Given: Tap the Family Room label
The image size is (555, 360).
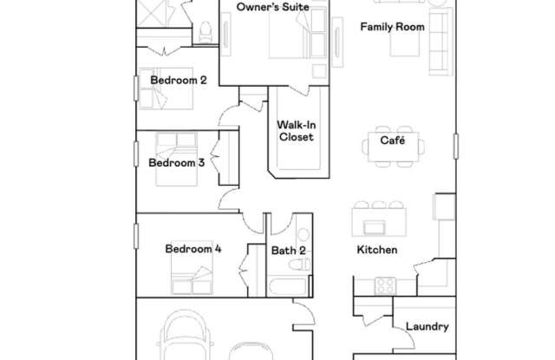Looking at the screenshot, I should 392,27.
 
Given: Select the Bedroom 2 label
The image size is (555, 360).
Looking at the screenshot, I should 179,81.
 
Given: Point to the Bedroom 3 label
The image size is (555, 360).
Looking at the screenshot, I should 176,162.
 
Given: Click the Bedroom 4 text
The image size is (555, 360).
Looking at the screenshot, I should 193,249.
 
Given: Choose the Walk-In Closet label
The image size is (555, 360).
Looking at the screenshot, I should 295,130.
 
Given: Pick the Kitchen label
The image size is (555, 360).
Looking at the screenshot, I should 377,250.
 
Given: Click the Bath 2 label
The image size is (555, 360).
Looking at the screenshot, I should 288,251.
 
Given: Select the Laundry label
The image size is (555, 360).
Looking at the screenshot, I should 428,327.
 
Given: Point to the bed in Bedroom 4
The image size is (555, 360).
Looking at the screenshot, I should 193,279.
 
